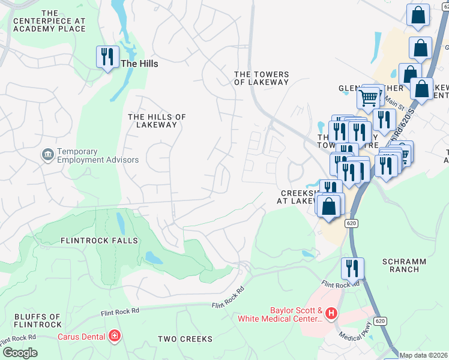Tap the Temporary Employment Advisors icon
click(47, 155)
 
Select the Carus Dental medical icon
click(113, 337)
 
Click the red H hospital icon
click(331, 313)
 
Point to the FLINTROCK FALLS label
click(99, 241)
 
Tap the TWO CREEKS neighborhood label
click(185, 339)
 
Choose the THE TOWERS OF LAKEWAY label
click(261, 79)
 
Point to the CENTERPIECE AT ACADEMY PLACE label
click(50, 21)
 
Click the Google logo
click(19, 353)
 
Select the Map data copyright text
click(423, 355)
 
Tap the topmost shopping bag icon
click(418, 16)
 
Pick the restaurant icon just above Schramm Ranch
click(352, 268)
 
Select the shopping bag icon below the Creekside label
click(329, 206)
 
